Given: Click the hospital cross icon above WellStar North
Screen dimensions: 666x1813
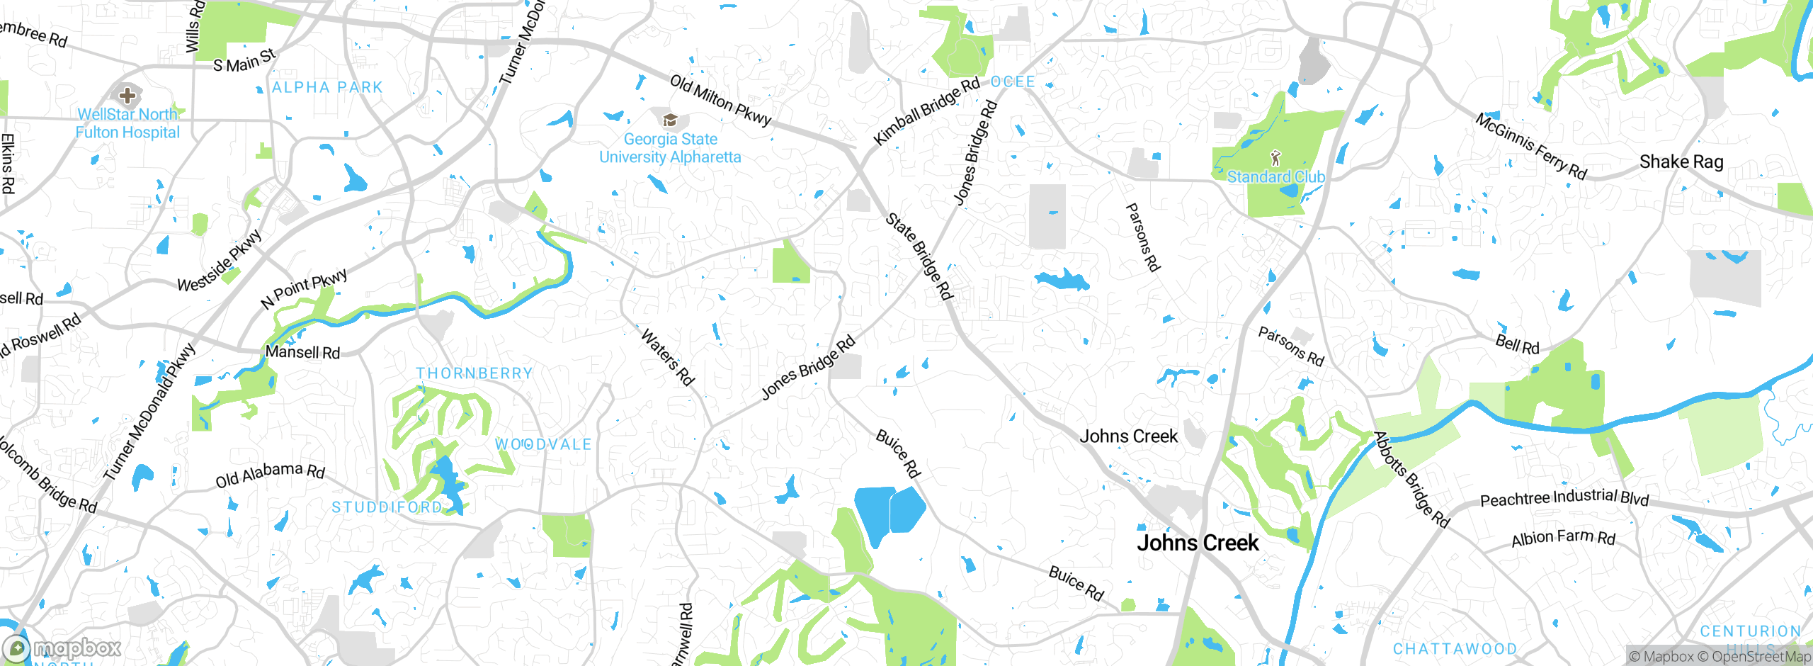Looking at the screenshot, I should point(127,95).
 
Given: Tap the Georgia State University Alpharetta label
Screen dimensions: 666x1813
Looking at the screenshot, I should point(670,148).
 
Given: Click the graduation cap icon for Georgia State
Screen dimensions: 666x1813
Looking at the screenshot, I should point(669,119).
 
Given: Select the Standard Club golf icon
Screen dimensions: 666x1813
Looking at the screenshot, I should point(1275,158).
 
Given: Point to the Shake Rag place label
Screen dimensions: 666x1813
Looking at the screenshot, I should point(1681,162).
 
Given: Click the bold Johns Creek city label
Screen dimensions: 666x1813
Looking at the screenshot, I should point(1198,543).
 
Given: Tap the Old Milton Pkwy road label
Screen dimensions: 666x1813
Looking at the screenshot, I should point(720,100).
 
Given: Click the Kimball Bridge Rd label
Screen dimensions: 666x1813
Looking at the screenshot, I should point(926,111).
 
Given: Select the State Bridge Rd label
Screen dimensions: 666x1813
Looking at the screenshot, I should point(919,256).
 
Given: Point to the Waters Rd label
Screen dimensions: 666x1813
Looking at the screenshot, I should point(667,357).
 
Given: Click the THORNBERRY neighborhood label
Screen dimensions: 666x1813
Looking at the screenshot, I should point(474,373).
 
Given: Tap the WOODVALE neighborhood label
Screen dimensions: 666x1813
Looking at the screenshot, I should point(542,444).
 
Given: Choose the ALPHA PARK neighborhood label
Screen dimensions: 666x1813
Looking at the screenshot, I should point(327,88).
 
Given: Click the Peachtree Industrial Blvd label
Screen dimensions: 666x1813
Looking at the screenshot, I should point(1564,498).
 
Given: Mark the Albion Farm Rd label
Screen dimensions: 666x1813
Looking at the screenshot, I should point(1563,538).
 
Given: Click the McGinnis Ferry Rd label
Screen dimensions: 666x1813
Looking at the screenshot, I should point(1530,147).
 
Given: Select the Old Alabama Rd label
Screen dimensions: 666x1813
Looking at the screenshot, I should point(270,475).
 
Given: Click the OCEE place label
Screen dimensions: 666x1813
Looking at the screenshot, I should point(1013,82).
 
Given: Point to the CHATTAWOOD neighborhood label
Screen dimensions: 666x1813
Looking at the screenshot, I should point(1455,649).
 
